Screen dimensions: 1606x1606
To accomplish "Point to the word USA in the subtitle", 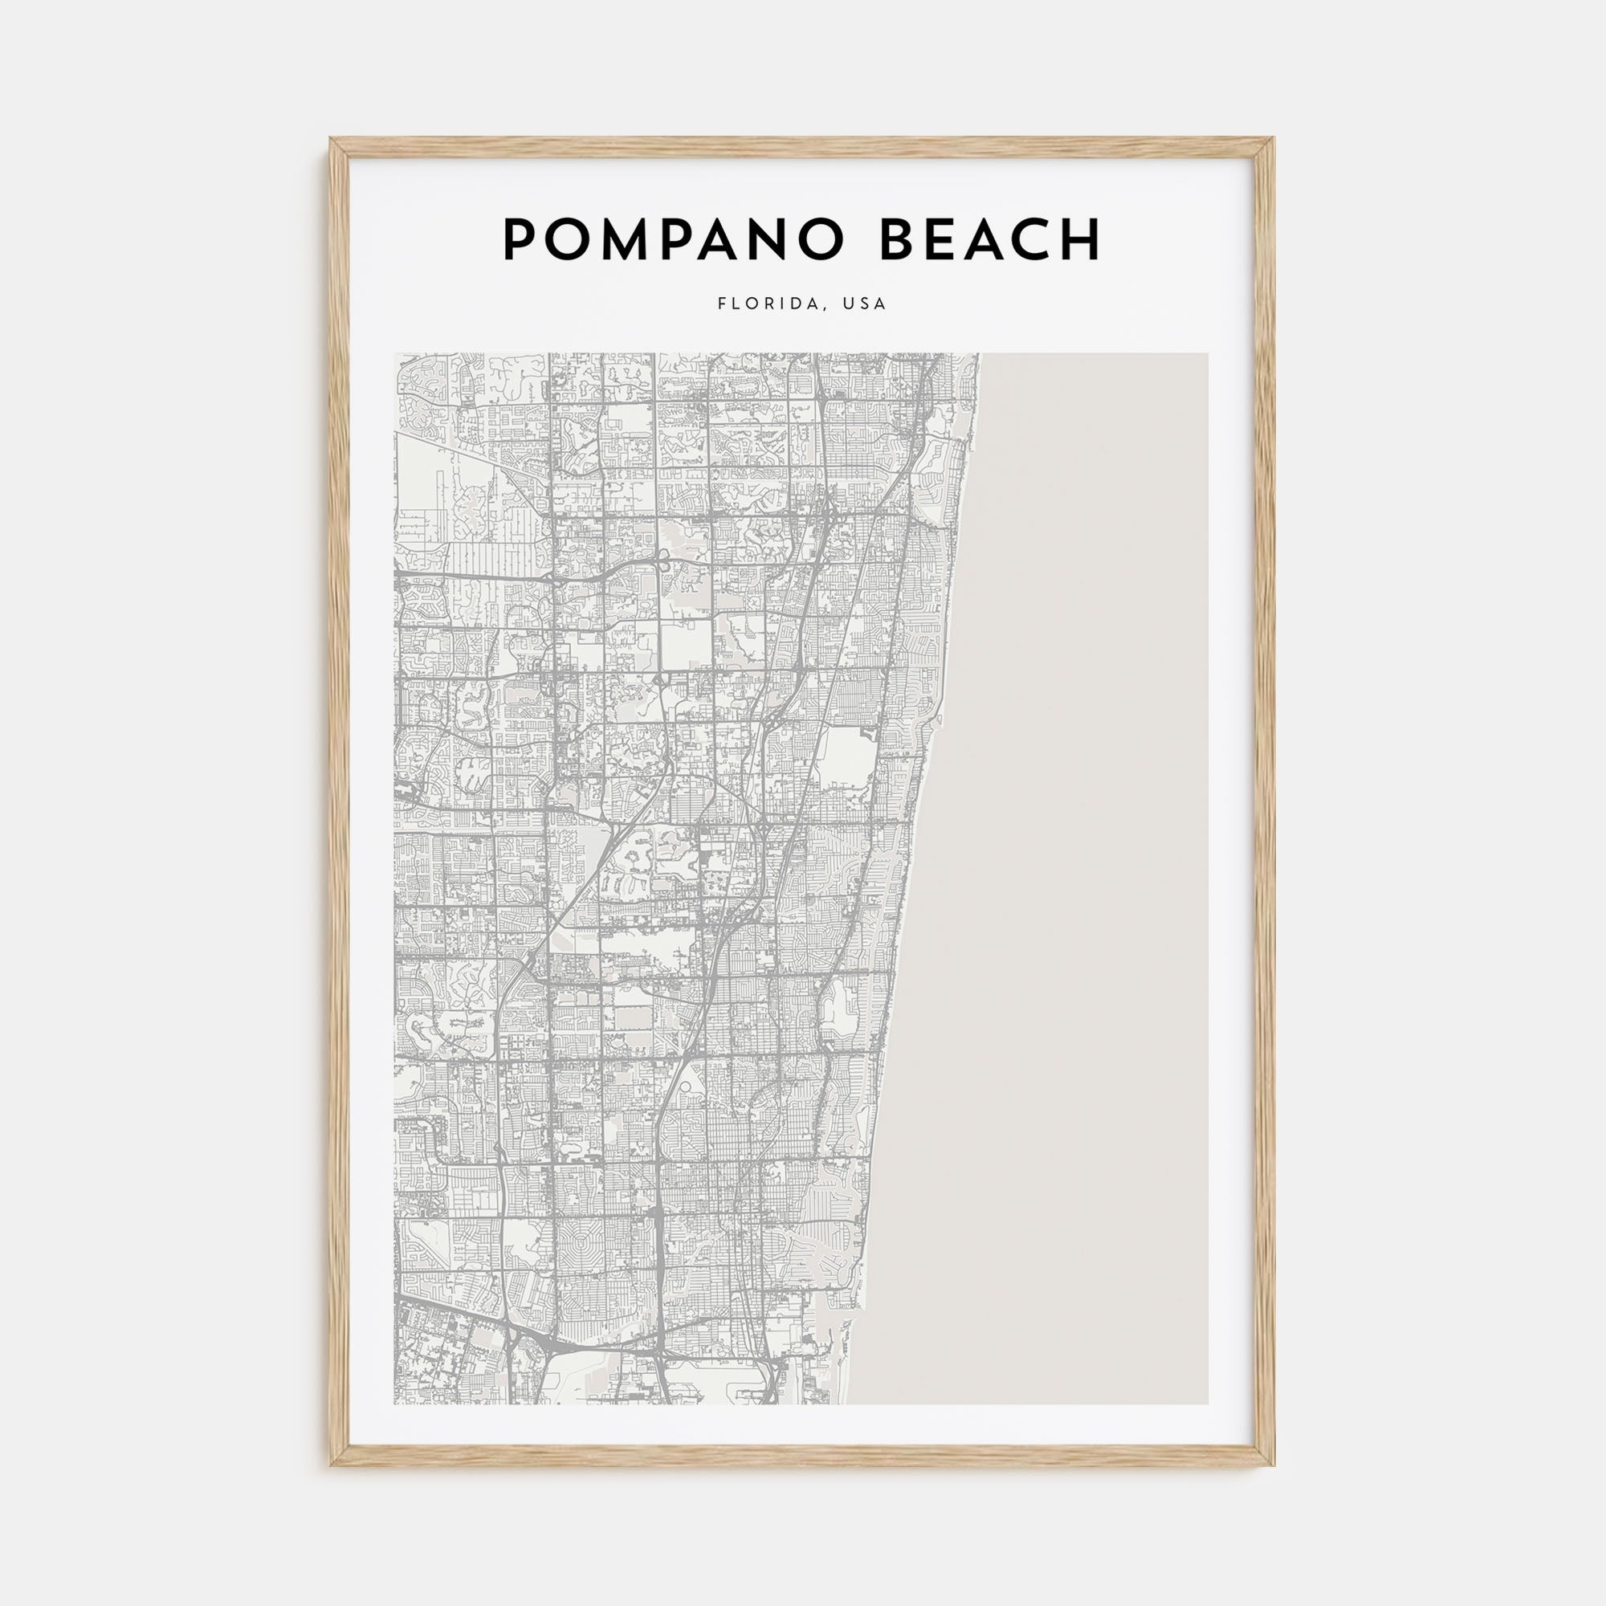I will (865, 304).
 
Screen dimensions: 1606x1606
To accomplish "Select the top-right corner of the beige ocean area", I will (1206, 355).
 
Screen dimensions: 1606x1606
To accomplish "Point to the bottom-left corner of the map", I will (396, 1403).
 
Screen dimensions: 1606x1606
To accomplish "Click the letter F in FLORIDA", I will (721, 304).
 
